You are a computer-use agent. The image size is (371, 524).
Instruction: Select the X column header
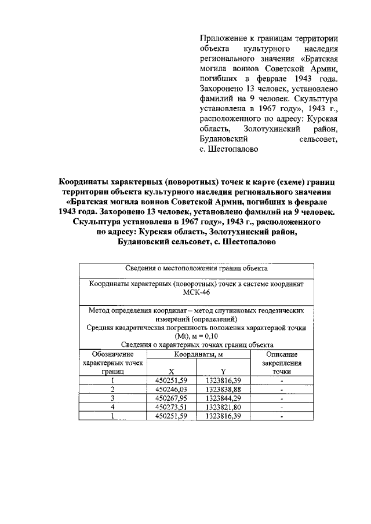point(171,373)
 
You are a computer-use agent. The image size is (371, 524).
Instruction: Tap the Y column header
point(223,373)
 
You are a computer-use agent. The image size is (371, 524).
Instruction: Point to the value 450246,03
point(172,390)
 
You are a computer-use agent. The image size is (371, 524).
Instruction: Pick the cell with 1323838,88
point(223,390)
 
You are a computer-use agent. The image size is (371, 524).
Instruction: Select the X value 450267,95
point(172,398)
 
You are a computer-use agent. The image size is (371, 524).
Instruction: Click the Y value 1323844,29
point(223,398)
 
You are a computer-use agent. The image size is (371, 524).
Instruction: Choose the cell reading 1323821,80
point(223,407)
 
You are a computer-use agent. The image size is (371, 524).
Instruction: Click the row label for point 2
point(113,390)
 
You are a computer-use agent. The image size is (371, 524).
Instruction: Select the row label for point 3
point(113,398)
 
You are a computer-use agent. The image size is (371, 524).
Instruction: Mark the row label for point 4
point(113,407)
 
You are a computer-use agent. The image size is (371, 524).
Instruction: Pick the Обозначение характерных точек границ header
point(113,363)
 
